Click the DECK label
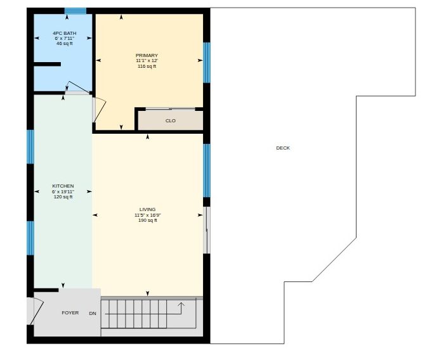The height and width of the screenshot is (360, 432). tap(283, 148)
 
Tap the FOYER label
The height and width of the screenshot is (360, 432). tap(70, 313)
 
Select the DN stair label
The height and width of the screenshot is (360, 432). tap(93, 314)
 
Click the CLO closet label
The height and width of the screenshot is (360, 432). tap(171, 121)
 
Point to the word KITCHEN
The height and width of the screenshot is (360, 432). tap(63, 186)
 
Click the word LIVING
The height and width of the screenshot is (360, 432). tap(147, 209)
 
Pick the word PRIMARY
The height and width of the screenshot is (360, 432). tap(147, 55)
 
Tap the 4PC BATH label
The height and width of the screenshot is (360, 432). tap(65, 34)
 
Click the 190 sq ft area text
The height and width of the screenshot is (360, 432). tap(148, 221)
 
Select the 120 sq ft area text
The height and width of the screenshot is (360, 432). tap(63, 197)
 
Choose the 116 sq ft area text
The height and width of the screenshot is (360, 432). tap(147, 67)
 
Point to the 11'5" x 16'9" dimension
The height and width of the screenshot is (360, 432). tap(148, 215)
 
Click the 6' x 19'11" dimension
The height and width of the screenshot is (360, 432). tap(63, 191)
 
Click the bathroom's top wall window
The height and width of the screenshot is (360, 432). tap(75, 11)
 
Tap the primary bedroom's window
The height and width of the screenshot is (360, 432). tap(207, 63)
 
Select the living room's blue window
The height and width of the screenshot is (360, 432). tap(207, 170)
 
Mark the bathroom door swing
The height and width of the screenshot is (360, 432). tap(79, 87)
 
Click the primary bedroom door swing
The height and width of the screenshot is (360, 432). tap(99, 110)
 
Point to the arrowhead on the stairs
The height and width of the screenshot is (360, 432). tap(181, 304)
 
